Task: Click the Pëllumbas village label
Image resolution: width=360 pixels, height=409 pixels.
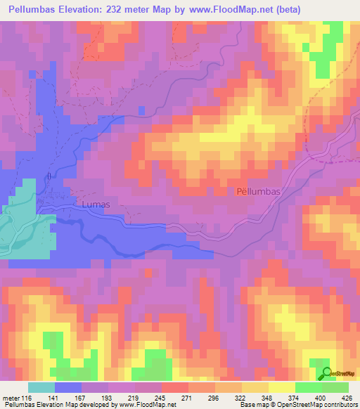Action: click(x=258, y=191)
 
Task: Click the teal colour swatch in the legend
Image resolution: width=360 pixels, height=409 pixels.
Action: click(x=41, y=387)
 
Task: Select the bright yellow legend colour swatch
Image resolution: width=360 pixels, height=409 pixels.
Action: click(x=281, y=387)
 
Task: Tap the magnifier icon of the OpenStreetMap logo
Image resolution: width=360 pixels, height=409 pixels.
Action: click(x=325, y=372)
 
